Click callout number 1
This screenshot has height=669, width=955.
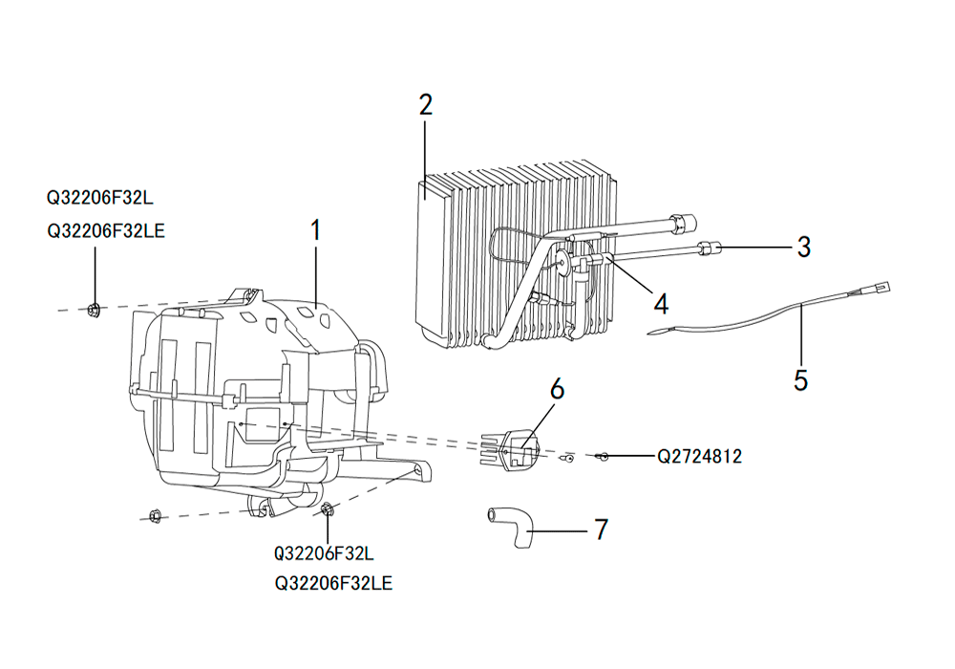click(x=315, y=230)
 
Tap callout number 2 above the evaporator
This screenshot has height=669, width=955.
click(x=426, y=105)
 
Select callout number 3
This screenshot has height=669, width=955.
click(x=804, y=248)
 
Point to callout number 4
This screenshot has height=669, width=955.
click(x=662, y=303)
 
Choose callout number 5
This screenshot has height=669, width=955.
click(x=801, y=379)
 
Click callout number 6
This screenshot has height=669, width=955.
click(x=557, y=389)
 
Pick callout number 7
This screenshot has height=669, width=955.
click(x=601, y=529)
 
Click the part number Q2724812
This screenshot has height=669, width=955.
click(x=699, y=457)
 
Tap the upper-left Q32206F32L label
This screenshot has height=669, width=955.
click(x=100, y=198)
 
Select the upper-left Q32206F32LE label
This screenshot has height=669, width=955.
click(x=106, y=231)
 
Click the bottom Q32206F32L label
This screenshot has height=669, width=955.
click(x=324, y=553)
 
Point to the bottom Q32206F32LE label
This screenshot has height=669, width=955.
click(x=333, y=583)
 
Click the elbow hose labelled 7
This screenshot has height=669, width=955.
click(x=510, y=527)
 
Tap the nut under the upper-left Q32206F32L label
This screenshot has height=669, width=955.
click(x=94, y=310)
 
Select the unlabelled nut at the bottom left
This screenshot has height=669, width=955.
click(x=155, y=516)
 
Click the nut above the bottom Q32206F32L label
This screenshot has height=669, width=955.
click(x=326, y=508)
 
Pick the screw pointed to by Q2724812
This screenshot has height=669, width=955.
click(x=603, y=456)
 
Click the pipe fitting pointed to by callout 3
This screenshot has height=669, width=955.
click(x=710, y=248)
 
